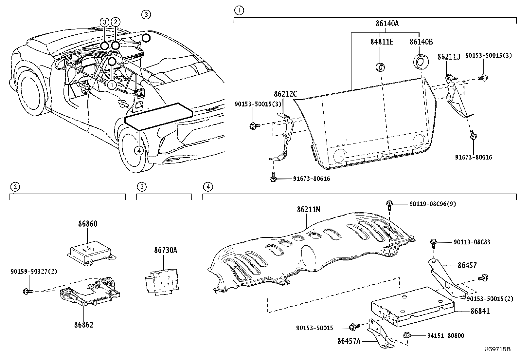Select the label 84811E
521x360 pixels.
pos(382,42)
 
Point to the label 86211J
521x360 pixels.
pos(449,57)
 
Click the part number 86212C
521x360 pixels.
pos(285,94)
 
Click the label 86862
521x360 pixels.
pos(83,325)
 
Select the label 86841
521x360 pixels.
pos(480,311)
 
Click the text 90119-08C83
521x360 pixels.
pos(472,242)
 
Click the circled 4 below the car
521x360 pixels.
pos(139,150)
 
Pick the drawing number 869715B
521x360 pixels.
pos(498,349)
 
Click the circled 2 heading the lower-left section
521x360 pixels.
pos(15,187)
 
